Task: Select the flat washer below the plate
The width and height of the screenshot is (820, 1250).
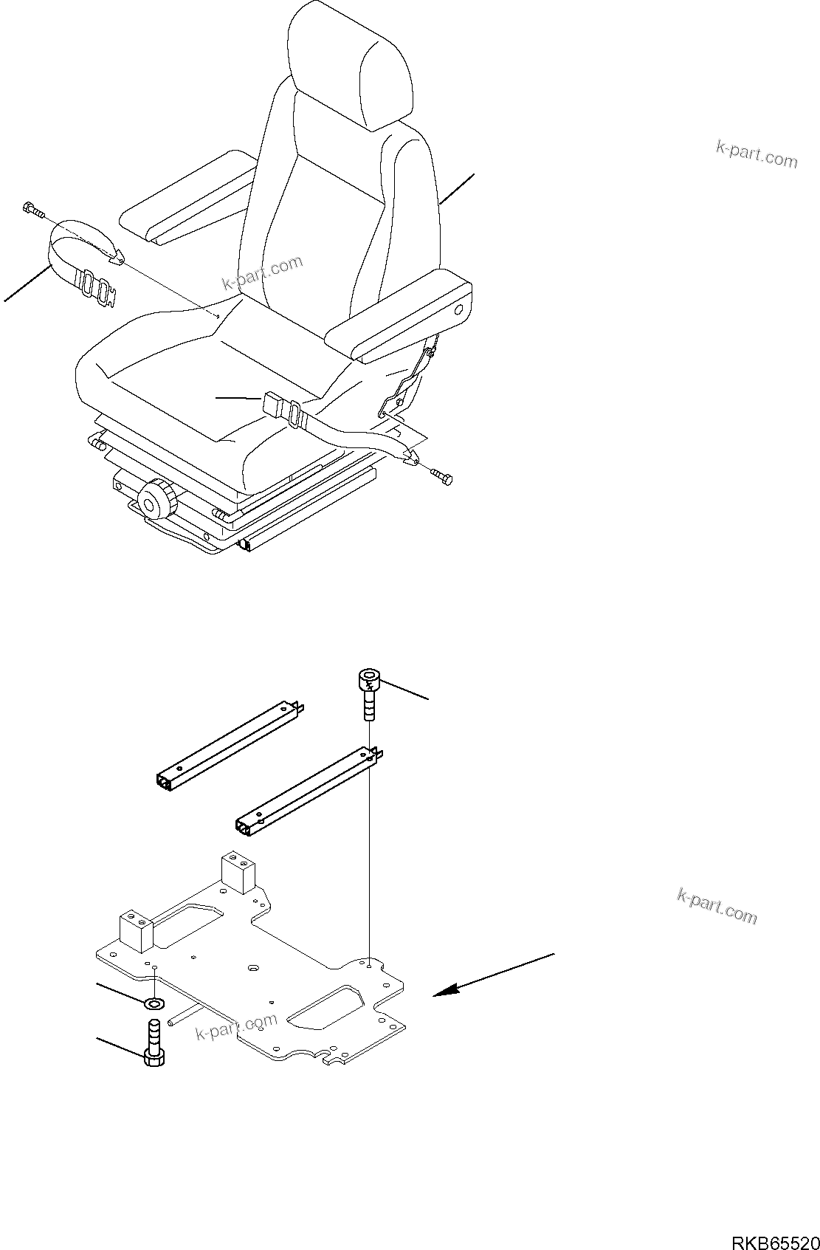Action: (154, 1003)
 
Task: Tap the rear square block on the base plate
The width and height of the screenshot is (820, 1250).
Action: (238, 874)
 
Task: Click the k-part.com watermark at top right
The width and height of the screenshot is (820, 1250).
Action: (757, 154)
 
